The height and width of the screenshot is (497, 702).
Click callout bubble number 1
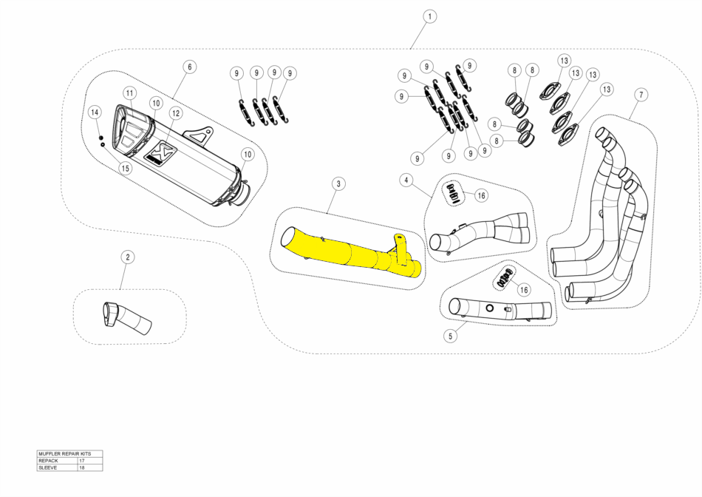pos(430,16)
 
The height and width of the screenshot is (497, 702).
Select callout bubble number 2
pos(127,257)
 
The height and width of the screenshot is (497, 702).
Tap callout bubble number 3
pos(336,183)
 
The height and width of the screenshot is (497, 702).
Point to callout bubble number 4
pos(406,180)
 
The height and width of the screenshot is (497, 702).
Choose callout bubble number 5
pos(449,336)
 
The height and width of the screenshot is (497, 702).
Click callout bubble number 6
pos(189,67)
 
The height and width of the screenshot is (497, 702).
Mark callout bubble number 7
pos(641,95)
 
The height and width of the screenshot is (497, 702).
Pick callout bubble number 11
pos(129,93)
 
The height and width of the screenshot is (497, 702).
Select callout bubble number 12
pos(175,113)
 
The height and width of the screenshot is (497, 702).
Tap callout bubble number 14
pos(95,112)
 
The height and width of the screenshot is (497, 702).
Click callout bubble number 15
pos(126,168)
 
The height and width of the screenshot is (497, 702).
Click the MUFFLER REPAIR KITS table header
pos(69,453)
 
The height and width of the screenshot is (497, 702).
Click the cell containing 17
pos(89,460)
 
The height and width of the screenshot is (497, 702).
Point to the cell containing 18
pos(89,467)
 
